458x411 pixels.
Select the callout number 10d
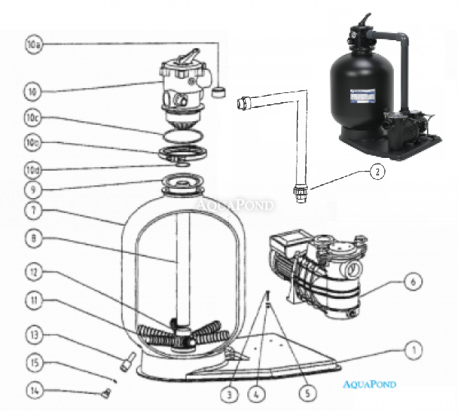click(x=35, y=169)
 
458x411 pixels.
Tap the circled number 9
click(x=35, y=188)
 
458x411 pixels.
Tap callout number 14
click(x=35, y=389)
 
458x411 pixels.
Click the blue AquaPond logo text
click(x=371, y=384)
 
